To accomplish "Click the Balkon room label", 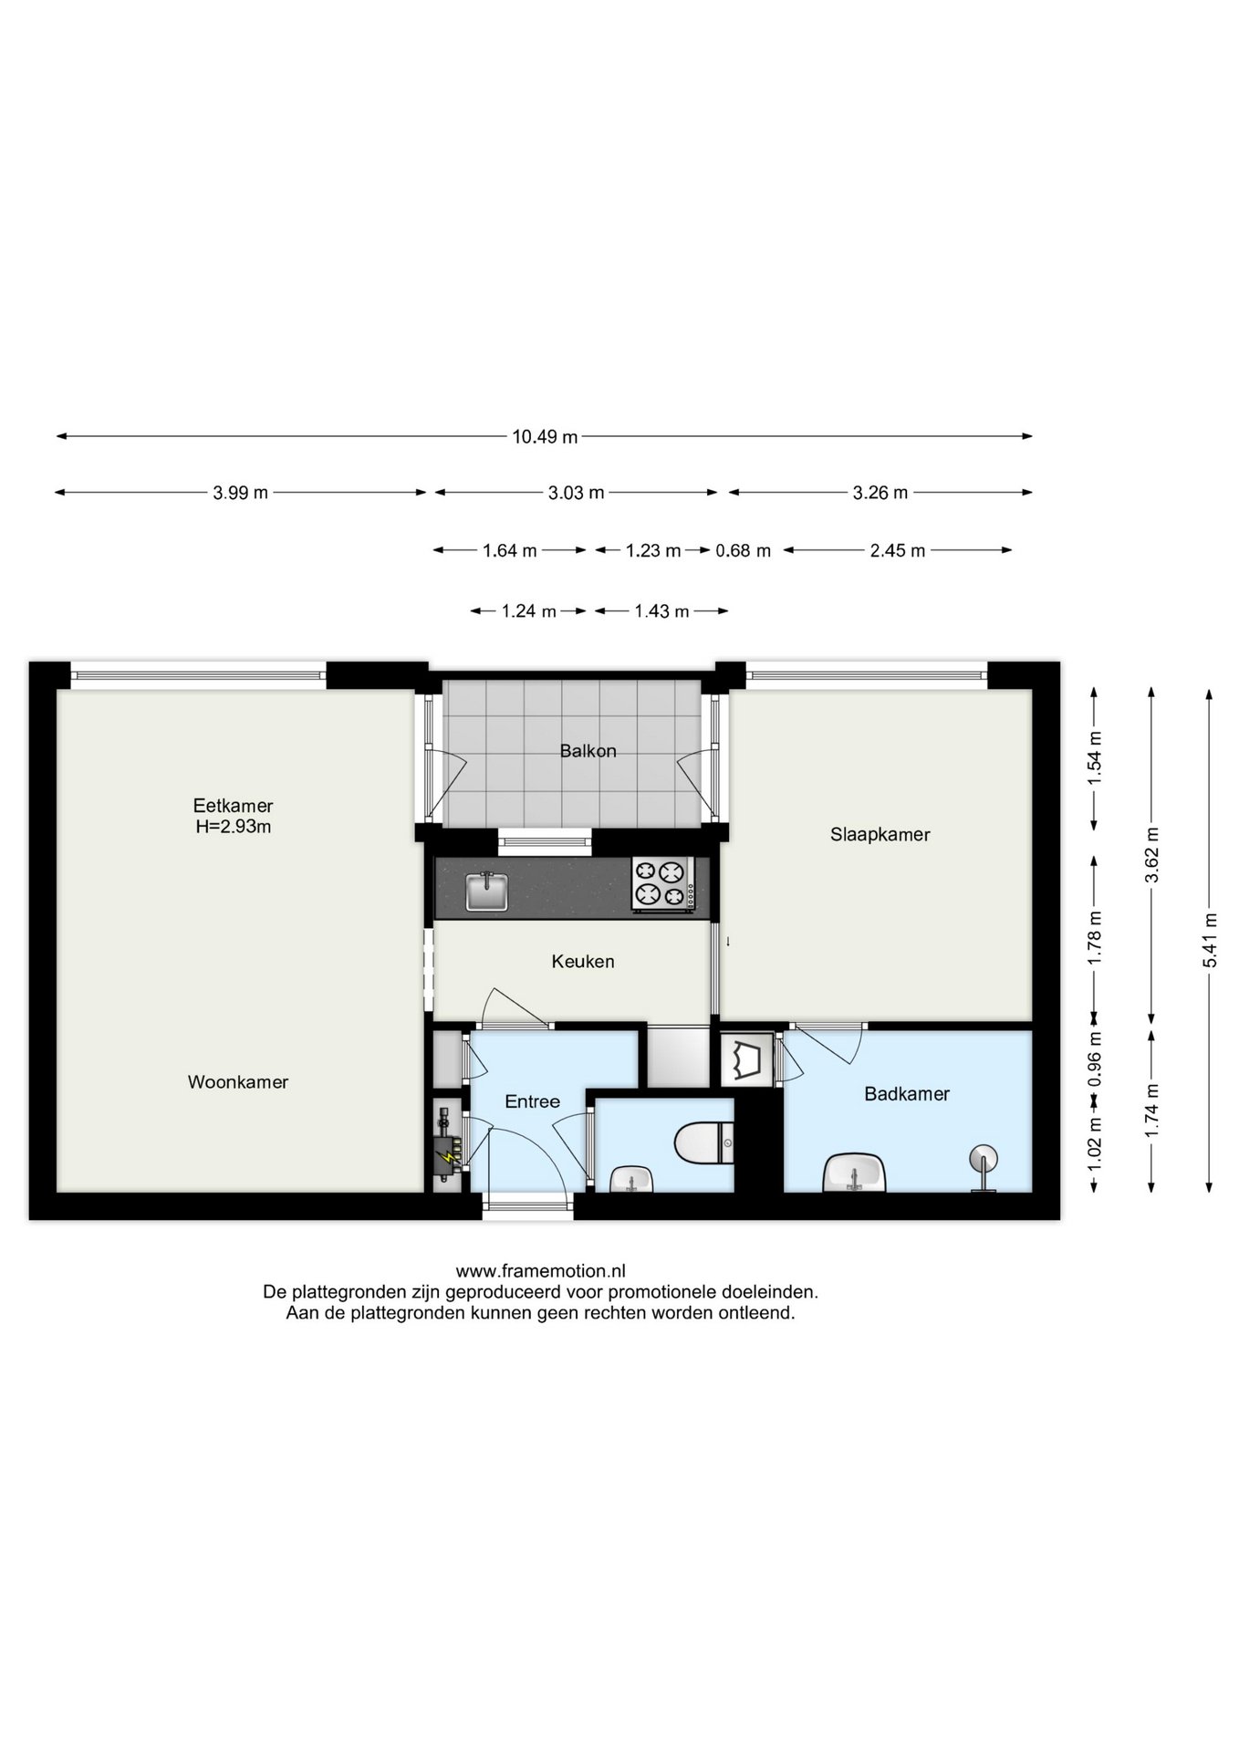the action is click(x=588, y=751).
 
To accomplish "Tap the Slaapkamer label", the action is click(x=880, y=834).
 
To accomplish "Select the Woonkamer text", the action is click(x=238, y=1082).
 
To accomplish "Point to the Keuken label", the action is click(x=583, y=961).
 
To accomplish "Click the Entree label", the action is click(x=532, y=1101).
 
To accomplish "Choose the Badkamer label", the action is click(x=907, y=1093).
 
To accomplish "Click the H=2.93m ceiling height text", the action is click(x=234, y=827).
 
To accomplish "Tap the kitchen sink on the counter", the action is click(x=487, y=891).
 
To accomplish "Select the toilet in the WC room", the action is click(x=704, y=1142).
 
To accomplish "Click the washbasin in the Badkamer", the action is click(x=854, y=1173).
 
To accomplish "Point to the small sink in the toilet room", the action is click(x=630, y=1179).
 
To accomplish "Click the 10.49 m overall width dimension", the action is click(x=545, y=437).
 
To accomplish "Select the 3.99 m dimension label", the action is click(x=241, y=493).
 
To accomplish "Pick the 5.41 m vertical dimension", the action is click(x=1210, y=940).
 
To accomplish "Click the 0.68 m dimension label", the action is click(x=743, y=550).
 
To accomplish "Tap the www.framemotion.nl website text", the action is click(x=540, y=1271).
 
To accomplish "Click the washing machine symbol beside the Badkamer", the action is click(x=747, y=1059).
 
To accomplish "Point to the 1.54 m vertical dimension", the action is click(x=1095, y=758).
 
